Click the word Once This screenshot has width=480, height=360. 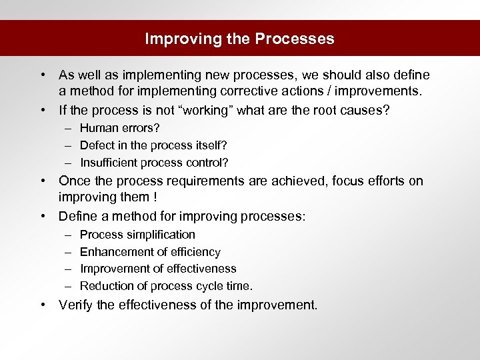tap(74, 181)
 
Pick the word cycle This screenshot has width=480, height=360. tap(197, 286)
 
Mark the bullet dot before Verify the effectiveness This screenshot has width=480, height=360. tap(43, 305)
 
